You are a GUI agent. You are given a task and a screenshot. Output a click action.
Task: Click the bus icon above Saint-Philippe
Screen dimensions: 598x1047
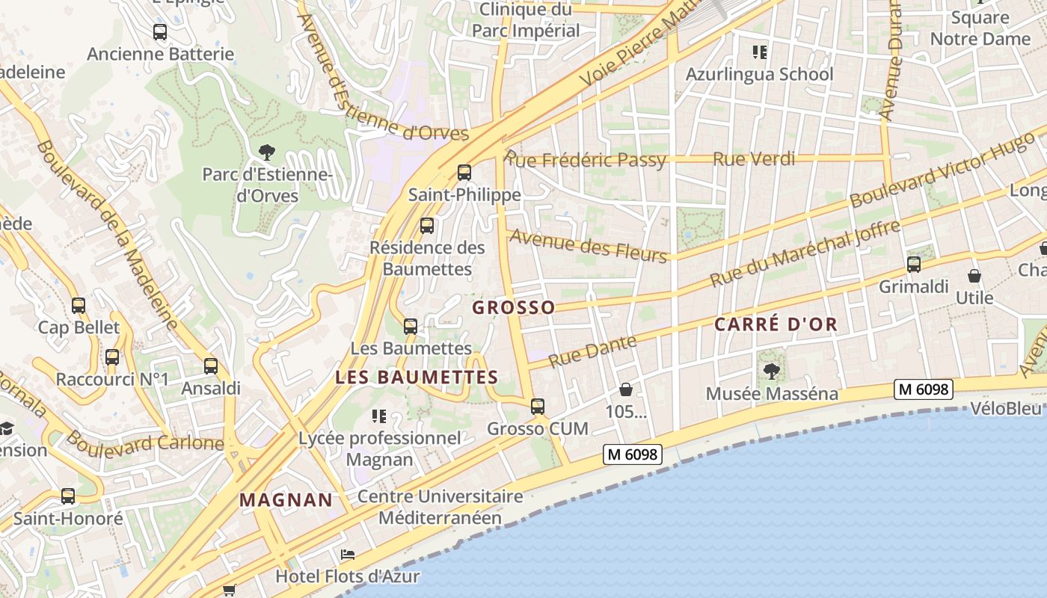464,173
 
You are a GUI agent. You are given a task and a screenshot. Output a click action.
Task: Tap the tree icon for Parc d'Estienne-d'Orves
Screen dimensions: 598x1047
265,152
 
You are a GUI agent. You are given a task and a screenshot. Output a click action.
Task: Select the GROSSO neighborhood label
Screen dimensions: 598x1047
514,307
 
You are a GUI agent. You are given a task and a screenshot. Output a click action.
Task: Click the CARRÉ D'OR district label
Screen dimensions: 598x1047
776,324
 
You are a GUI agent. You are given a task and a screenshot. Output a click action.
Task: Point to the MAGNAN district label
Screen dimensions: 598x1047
286,500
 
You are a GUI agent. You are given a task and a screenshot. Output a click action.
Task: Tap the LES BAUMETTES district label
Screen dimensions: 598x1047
417,377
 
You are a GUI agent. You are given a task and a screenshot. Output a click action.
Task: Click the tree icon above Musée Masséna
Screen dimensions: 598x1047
772,371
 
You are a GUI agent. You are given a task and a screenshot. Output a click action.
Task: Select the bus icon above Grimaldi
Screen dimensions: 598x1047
913,264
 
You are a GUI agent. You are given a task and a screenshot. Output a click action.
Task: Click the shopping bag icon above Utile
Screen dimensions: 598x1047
974,276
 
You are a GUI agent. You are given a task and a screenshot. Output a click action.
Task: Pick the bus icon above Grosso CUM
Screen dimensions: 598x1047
537,407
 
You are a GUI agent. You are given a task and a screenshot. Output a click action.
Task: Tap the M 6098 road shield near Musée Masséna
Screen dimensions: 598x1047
924,389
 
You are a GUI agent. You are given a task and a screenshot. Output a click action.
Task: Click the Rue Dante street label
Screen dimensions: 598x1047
592,351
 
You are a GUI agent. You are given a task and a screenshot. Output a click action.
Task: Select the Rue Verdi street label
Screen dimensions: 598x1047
753,158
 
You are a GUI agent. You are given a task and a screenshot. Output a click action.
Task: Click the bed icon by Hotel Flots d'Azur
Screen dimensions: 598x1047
347,555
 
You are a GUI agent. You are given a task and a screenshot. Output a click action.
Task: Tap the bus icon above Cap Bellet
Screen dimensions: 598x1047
79,305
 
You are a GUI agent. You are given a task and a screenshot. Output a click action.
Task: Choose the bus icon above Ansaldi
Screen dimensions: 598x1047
211,366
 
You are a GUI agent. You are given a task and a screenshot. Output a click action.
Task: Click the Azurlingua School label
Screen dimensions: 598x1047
759,74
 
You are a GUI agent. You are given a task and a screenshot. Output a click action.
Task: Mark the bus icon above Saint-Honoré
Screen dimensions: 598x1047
68,496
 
